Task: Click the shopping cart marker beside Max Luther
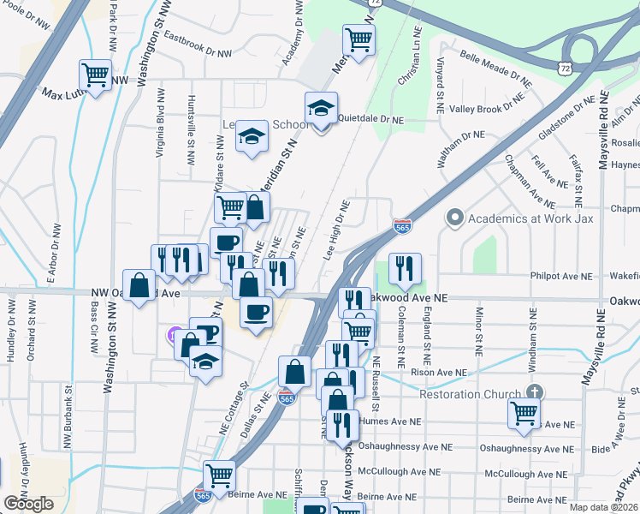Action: click(x=95, y=74)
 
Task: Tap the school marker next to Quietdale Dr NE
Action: click(x=321, y=109)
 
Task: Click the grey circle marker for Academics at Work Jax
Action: click(x=455, y=217)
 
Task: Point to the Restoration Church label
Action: click(x=470, y=395)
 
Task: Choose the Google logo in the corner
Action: click(x=28, y=504)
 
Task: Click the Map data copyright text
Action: click(x=604, y=507)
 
